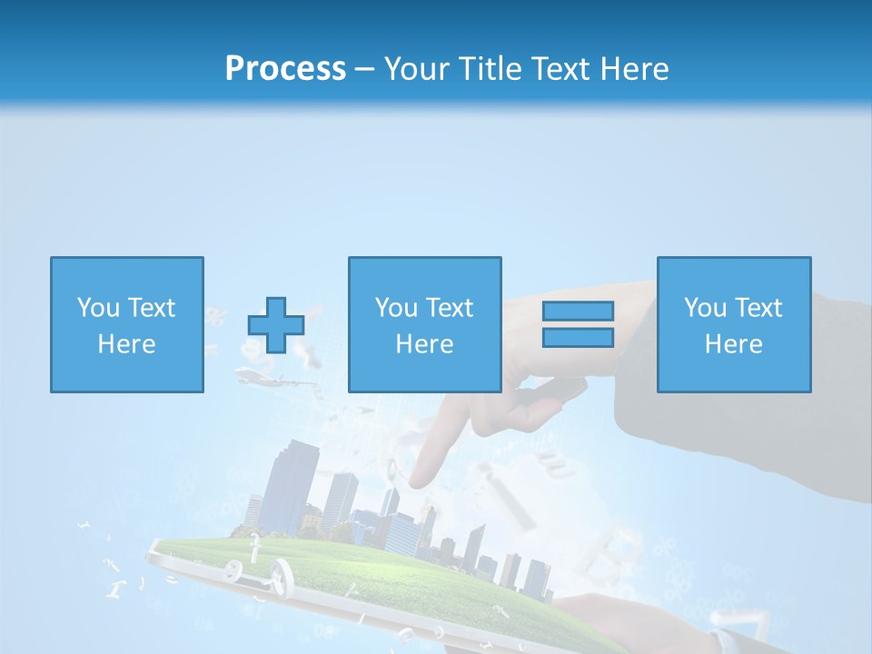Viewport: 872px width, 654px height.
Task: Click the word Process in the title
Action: click(x=285, y=68)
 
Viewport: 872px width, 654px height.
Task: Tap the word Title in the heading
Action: click(x=489, y=68)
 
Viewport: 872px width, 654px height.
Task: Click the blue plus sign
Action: click(x=276, y=324)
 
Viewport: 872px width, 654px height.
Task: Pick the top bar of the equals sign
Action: click(x=578, y=311)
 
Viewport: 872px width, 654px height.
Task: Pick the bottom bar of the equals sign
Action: click(x=578, y=338)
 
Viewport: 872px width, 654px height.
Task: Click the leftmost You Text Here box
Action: click(x=126, y=324)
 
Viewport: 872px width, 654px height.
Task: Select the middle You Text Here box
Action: click(x=424, y=324)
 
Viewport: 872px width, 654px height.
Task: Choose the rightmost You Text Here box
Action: click(x=733, y=324)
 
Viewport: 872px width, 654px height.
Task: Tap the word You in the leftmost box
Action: click(x=97, y=308)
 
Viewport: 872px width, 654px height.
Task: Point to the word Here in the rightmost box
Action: click(x=733, y=344)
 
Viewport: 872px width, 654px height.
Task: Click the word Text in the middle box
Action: click(x=450, y=308)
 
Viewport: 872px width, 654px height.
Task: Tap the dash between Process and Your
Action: click(x=364, y=69)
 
